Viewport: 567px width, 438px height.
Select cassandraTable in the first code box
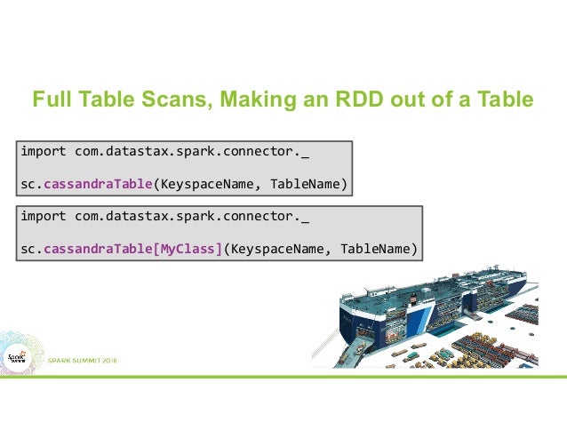tap(96, 184)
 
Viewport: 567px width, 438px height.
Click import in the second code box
tap(44, 215)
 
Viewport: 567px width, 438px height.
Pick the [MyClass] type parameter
tap(188, 248)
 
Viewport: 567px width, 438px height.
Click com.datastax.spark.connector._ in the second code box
tap(193, 215)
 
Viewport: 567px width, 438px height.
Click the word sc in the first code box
tap(27, 184)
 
